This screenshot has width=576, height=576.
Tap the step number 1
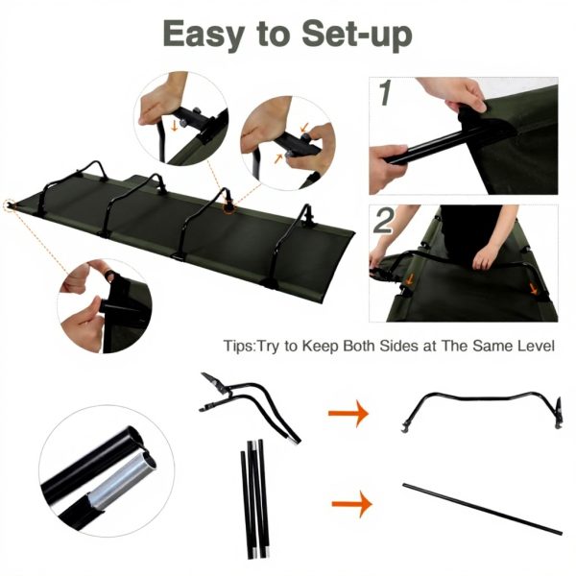point(384,94)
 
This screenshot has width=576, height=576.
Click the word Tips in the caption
point(239,345)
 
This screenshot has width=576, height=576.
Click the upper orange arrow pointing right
point(348,414)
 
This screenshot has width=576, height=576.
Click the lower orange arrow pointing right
point(348,502)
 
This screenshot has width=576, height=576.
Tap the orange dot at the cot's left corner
point(10,204)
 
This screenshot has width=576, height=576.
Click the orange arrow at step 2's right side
point(532,285)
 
